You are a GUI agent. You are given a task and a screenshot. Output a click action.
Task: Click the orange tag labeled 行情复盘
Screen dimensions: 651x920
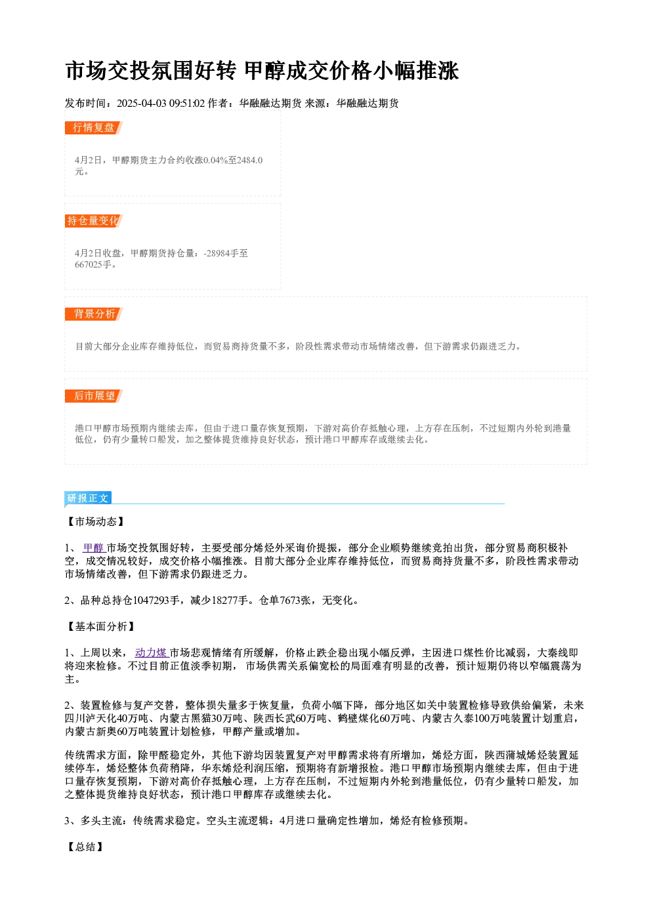94,128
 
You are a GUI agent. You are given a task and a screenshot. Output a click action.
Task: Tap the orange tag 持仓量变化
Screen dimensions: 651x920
94,221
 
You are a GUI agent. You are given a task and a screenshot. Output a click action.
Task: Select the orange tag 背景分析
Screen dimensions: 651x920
94,314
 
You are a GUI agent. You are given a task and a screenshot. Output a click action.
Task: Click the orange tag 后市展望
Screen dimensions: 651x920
94,396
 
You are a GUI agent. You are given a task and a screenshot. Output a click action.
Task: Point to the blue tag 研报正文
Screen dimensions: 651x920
88,498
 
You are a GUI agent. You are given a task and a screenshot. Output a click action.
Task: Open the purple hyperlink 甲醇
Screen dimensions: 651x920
94,548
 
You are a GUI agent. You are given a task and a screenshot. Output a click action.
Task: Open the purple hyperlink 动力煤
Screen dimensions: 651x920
152,652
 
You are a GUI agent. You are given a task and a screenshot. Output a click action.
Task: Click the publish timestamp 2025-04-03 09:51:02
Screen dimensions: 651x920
161,103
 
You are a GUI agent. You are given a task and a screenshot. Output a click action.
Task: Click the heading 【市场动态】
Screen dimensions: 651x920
95,521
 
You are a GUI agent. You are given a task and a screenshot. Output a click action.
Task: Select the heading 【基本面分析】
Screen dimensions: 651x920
100,626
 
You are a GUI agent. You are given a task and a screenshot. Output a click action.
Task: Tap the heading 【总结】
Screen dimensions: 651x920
85,847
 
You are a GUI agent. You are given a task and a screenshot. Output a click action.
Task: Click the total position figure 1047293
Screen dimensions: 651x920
151,601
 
